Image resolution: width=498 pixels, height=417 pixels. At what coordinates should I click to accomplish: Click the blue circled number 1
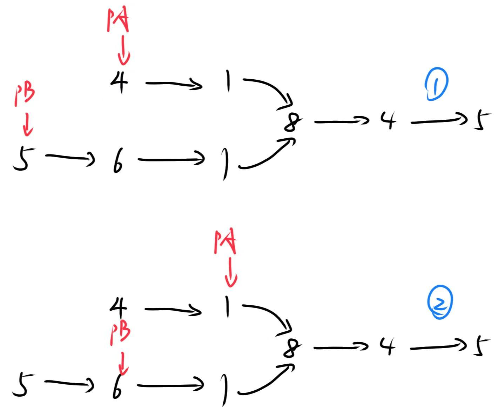coord(436,85)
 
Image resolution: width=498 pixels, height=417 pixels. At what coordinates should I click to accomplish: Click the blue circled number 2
coord(440,302)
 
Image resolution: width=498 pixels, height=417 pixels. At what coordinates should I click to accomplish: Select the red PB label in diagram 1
coord(25,95)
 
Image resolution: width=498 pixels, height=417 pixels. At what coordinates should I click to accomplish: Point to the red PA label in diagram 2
coord(225,242)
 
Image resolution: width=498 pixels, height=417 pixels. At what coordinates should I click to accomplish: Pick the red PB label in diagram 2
coord(120,334)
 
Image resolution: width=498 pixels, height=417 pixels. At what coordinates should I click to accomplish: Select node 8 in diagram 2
coord(292,348)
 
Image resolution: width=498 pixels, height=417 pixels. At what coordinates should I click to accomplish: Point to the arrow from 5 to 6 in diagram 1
coord(70,158)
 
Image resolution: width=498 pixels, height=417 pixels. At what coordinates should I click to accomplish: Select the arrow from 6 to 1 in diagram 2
coord(171,385)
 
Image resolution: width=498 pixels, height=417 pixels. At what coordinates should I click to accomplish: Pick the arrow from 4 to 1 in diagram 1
coord(174,84)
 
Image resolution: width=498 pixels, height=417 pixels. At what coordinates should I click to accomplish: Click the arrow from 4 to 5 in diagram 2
coord(439,347)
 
